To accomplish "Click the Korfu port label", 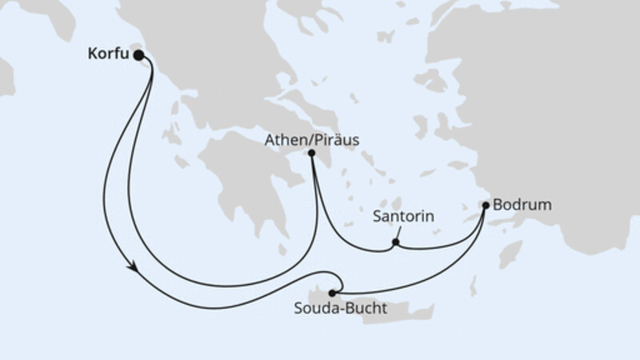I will [106, 56].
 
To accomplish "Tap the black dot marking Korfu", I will [138, 55].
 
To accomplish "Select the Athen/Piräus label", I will [310, 139].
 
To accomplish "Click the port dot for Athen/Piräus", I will [311, 154].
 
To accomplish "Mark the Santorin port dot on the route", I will [395, 242].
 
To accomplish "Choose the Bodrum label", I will [522, 206].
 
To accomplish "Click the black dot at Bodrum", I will [485, 206].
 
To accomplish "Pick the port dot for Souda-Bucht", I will [333, 293].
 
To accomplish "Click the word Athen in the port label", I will [284, 139].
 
